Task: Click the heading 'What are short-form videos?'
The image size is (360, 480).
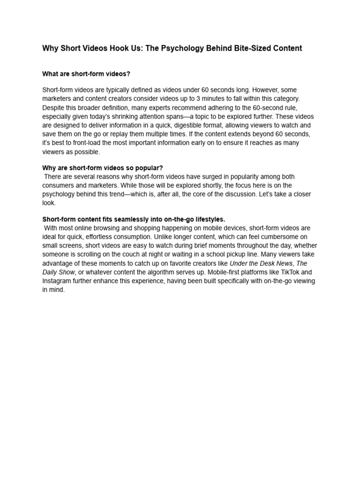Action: click(86, 74)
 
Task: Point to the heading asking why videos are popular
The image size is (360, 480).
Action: click(103, 168)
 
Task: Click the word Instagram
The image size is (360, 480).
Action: click(58, 281)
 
